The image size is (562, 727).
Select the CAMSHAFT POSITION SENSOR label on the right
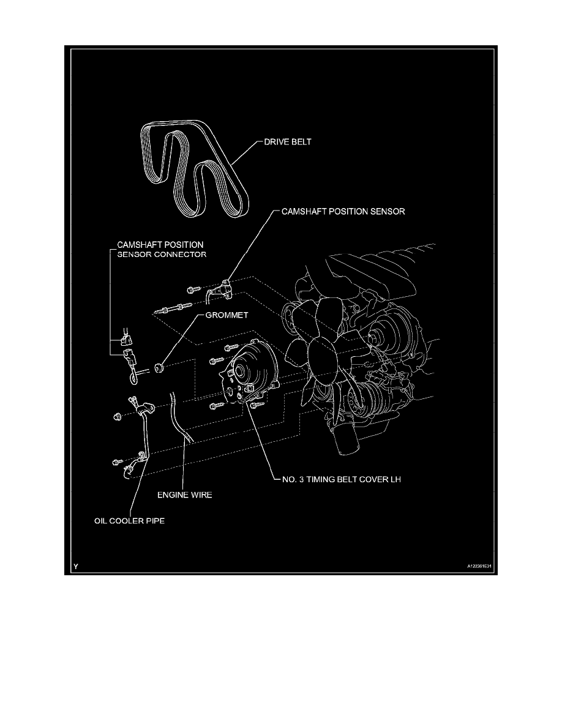342,212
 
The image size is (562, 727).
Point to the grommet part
160,368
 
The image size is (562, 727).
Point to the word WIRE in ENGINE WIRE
200,495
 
